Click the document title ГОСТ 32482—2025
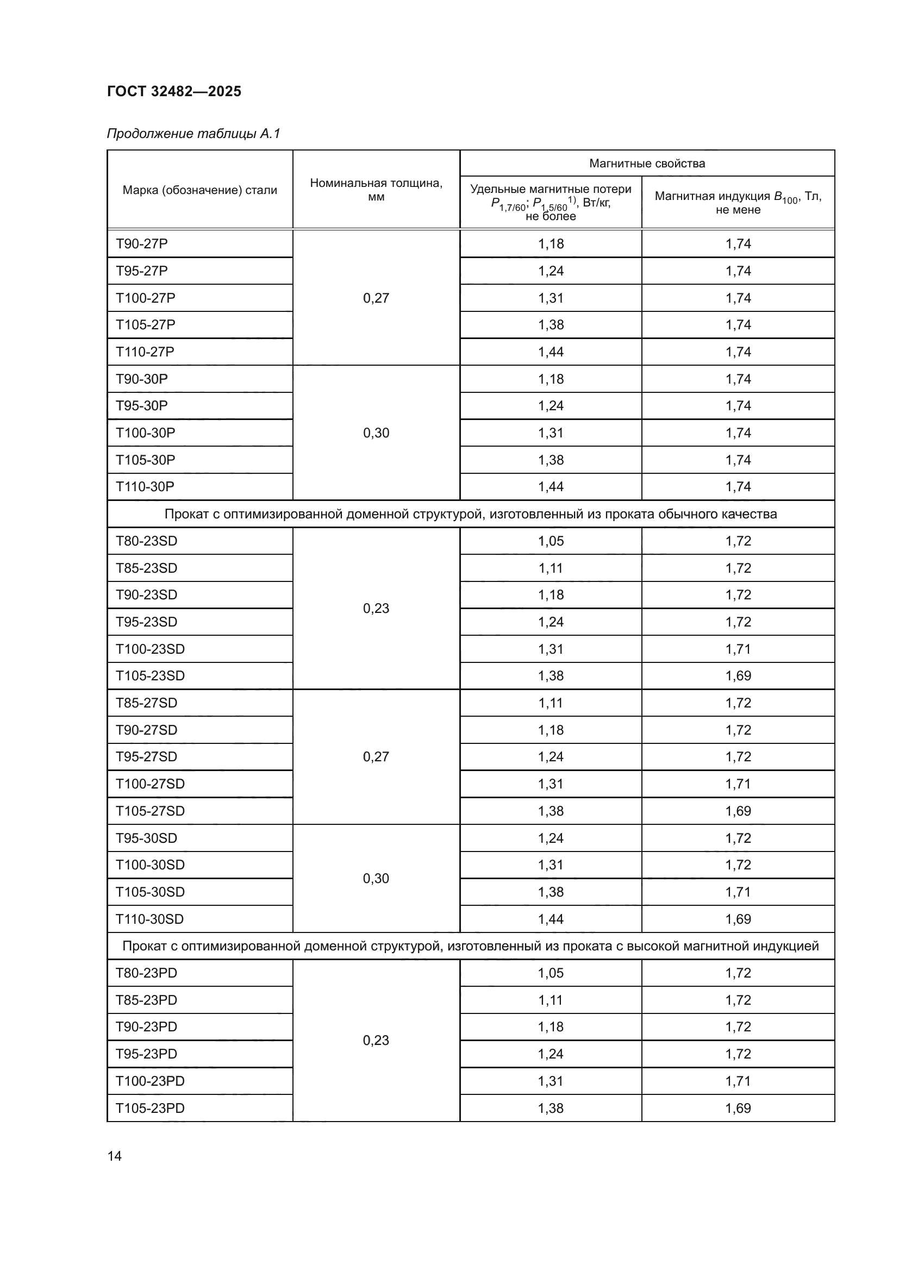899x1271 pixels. (x=174, y=91)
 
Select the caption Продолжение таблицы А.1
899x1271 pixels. (x=193, y=134)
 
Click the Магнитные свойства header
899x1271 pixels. (x=647, y=164)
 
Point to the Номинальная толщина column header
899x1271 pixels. (x=376, y=189)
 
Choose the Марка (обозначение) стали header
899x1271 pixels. (x=199, y=190)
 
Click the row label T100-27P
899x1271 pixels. (x=145, y=298)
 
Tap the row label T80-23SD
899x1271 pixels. (x=146, y=541)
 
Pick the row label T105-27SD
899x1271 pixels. (x=149, y=811)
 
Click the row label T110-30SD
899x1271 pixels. (x=149, y=919)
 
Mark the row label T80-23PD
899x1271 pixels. (x=146, y=973)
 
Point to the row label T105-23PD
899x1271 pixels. (x=149, y=1108)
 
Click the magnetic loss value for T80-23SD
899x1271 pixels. (x=550, y=541)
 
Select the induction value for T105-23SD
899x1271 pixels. (x=738, y=676)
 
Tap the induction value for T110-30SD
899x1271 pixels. (x=738, y=919)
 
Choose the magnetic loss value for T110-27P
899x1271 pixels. (x=550, y=352)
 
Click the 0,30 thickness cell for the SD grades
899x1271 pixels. (x=376, y=879)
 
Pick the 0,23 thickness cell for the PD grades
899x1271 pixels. (x=376, y=1040)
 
